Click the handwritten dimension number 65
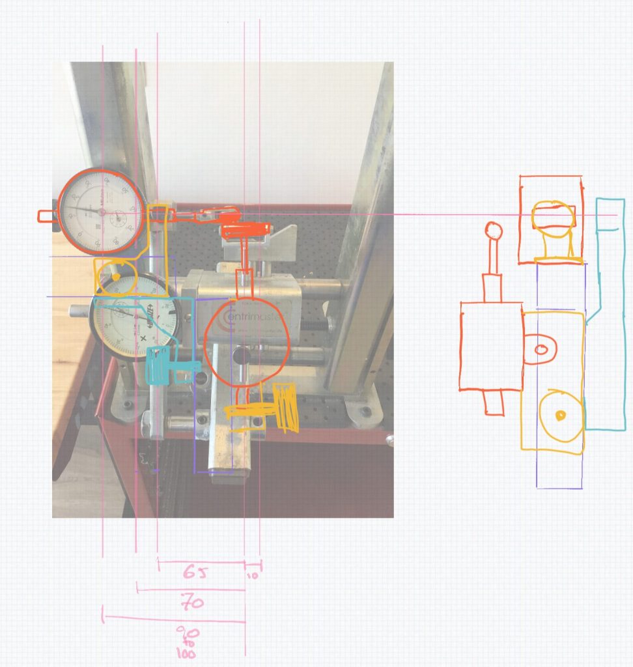tap(194, 573)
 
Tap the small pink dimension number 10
tap(253, 576)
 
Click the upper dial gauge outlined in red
tap(101, 211)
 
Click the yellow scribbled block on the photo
tap(285, 405)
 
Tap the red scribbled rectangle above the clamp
tap(246, 229)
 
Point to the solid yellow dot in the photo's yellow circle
tap(116, 278)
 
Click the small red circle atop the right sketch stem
tap(494, 231)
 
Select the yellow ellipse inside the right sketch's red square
tap(554, 216)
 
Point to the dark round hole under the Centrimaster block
tap(242, 356)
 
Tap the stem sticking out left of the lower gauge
tap(79, 311)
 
